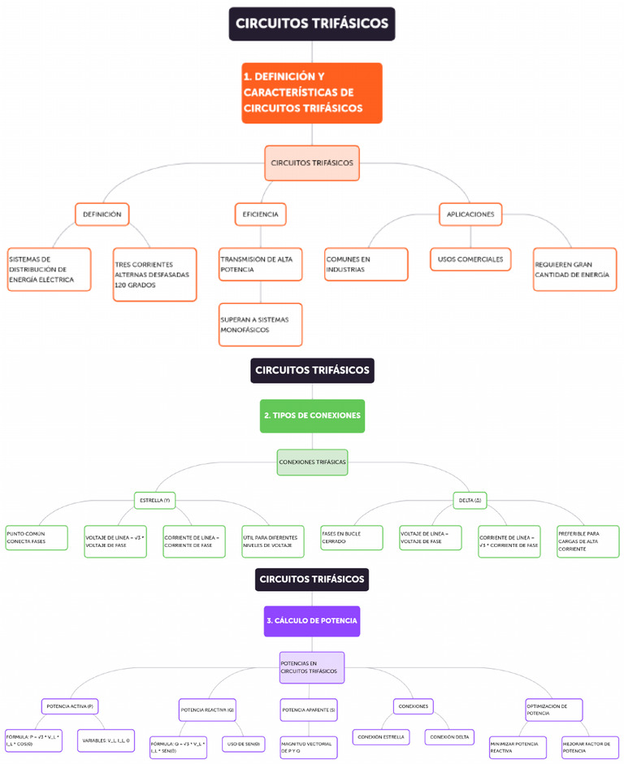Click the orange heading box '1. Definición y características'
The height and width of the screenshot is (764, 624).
coord(311,93)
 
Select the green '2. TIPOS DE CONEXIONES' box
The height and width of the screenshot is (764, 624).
coord(312,415)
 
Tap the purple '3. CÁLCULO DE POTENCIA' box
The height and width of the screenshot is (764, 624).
coord(311,620)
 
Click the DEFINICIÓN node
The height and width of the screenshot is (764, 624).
coord(102,215)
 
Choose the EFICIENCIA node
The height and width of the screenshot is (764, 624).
coord(260,215)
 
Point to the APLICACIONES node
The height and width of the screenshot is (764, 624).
coord(470,215)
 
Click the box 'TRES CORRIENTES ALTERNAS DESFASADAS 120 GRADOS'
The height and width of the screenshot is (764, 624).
coord(154,275)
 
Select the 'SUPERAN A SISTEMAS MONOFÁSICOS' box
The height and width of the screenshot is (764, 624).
coord(260,325)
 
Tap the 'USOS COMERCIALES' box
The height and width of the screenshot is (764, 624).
coord(470,259)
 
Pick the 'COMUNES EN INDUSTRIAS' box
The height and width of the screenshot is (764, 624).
coord(366,264)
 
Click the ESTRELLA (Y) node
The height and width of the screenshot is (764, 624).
coord(154,500)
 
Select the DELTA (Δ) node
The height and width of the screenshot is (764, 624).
coord(470,500)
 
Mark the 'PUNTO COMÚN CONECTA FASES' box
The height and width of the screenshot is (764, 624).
coord(37,537)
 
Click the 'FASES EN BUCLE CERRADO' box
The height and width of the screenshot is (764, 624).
coord(352,537)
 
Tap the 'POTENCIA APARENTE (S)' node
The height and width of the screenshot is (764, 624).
coord(309,710)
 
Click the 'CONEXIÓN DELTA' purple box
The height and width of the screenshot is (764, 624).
coord(448,737)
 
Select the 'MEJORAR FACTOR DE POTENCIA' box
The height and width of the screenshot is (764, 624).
coord(588,747)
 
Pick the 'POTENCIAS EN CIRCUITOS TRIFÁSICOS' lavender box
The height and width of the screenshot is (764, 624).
coord(311,667)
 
